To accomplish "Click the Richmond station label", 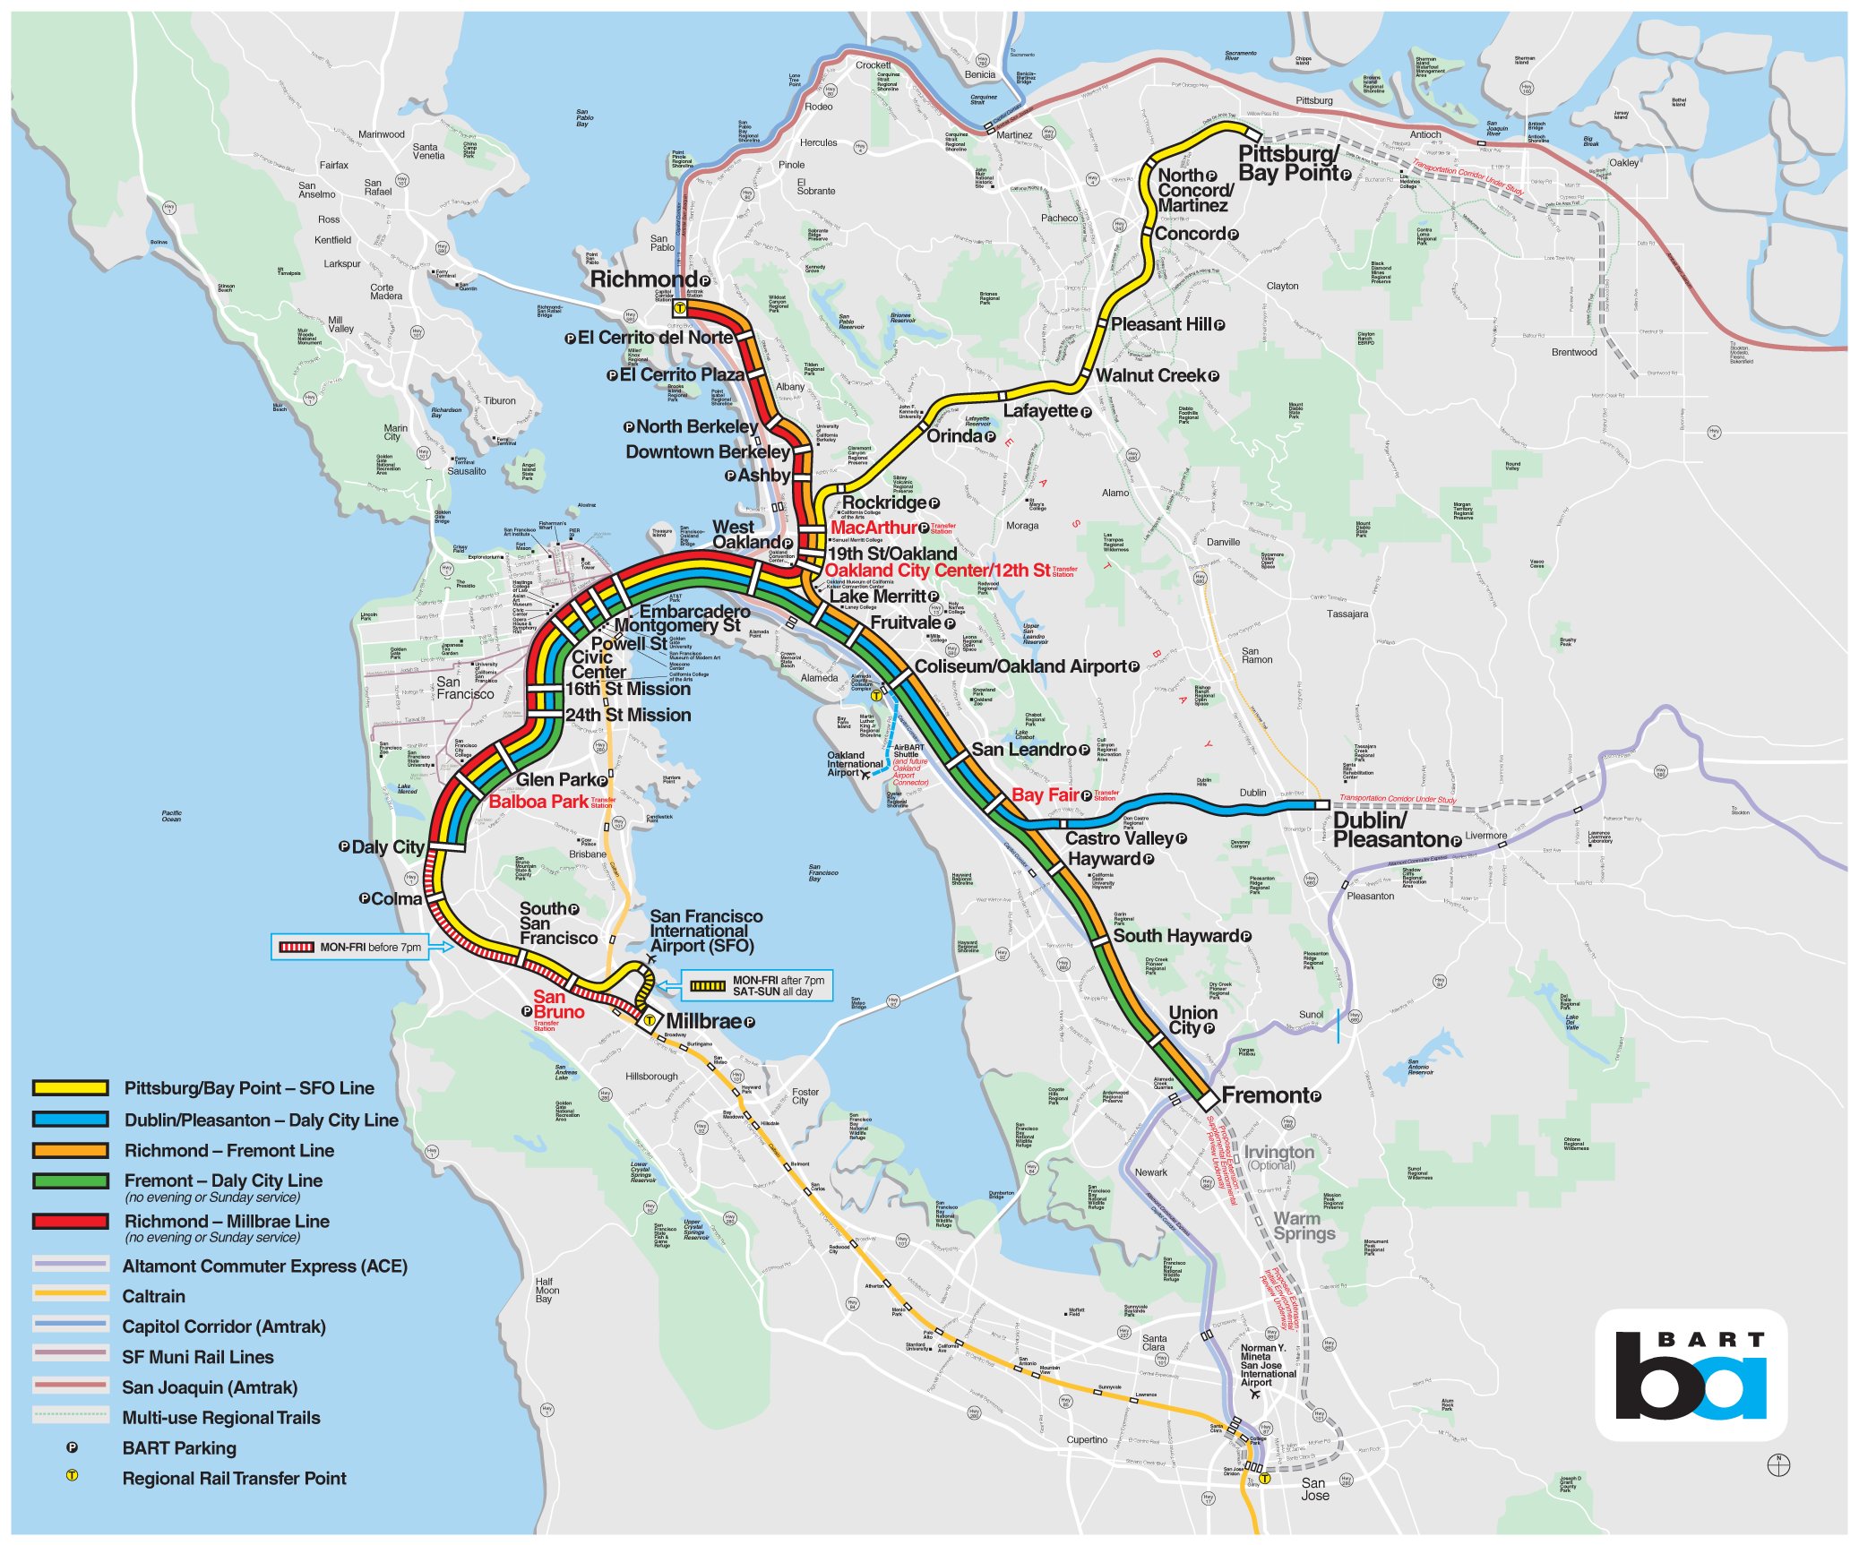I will coord(643,279).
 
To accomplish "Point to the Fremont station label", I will coord(1265,1095).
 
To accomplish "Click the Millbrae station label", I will coord(703,1021).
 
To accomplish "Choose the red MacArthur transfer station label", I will coord(874,528).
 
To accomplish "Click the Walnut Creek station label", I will coord(1150,375).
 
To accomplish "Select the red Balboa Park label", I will coord(538,802).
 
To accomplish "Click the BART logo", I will coord(1691,1376).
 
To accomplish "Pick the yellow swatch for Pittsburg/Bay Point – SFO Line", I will coord(71,1088).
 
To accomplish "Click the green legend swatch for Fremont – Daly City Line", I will coord(71,1180).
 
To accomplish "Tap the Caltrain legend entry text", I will coord(154,1296).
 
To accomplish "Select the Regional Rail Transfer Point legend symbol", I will coord(72,1475).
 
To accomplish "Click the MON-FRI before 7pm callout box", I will coord(349,947).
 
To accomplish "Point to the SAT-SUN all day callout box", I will coord(757,985).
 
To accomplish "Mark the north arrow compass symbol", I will coord(1778,1465).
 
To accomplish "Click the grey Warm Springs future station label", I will coord(1304,1225).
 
